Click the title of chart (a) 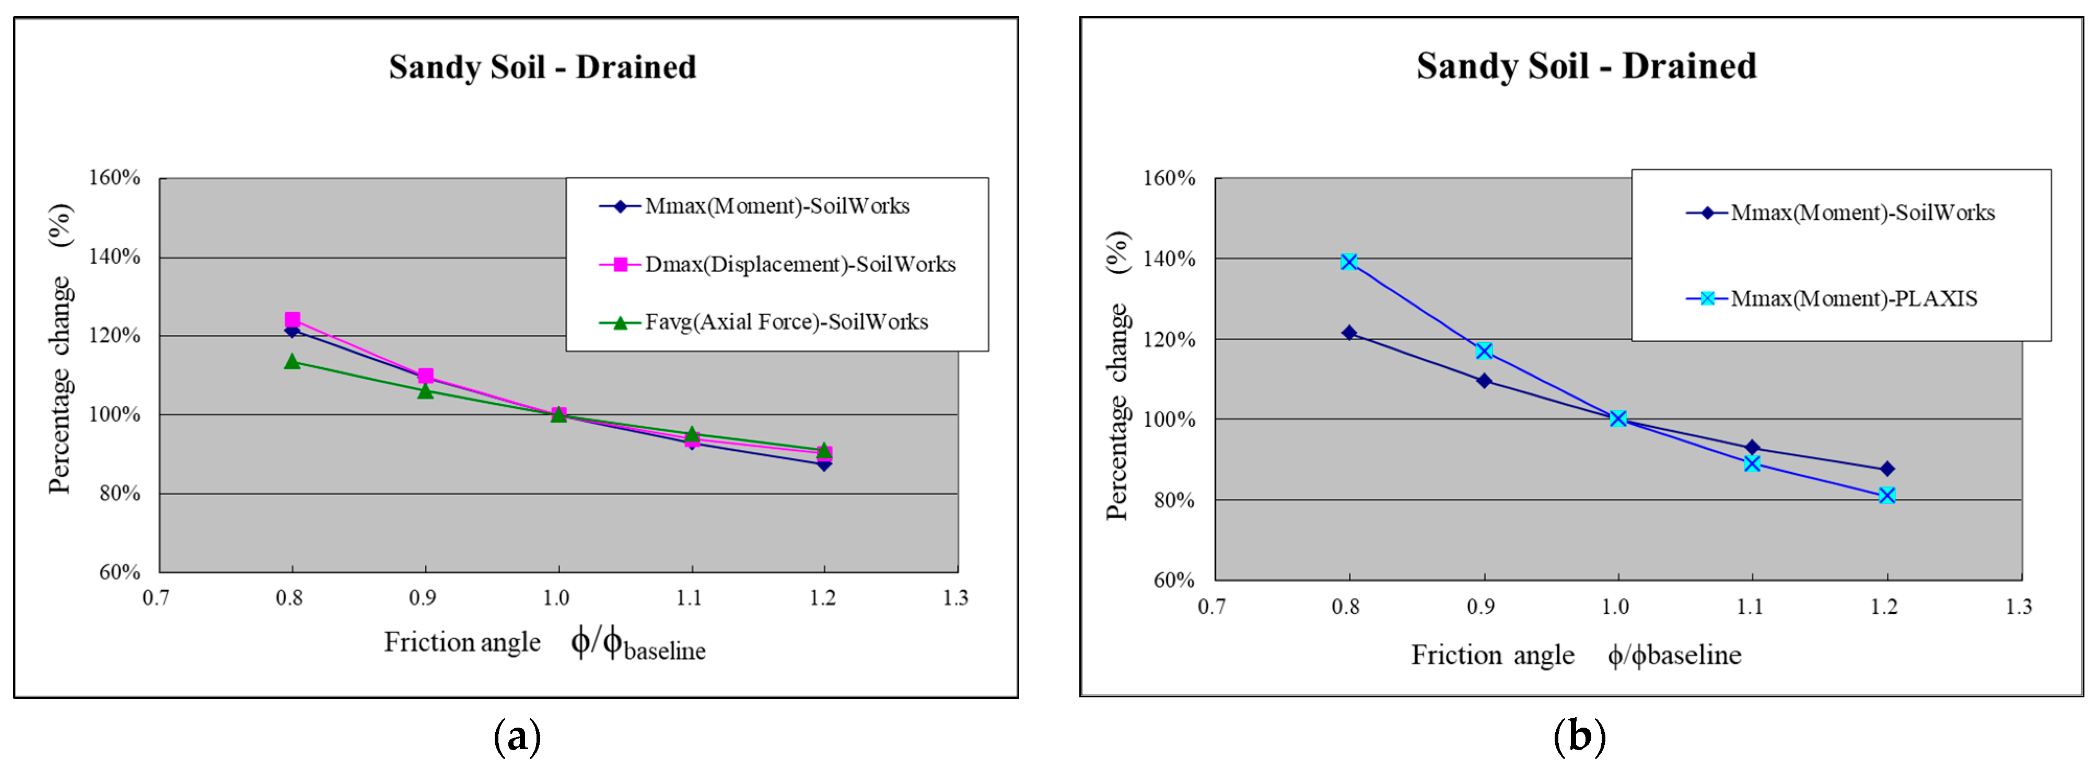tap(542, 67)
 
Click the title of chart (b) tap(1586, 65)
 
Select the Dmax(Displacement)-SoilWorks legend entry tap(800, 265)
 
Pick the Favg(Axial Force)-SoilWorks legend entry tap(786, 322)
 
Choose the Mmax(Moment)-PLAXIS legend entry tap(1853, 299)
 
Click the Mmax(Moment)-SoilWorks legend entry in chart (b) tap(1862, 213)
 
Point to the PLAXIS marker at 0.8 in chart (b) tap(1349, 262)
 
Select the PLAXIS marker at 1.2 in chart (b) tap(1887, 496)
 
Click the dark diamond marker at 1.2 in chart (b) tap(1887, 469)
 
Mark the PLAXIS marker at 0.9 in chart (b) tap(1484, 351)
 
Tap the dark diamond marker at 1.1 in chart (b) tap(1752, 448)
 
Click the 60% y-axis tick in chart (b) tap(1174, 580)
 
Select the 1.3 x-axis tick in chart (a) tap(955, 599)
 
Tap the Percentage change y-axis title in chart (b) tap(1117, 376)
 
